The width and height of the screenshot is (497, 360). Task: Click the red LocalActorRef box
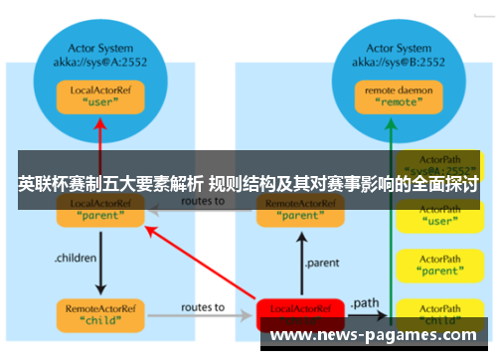pos(301,313)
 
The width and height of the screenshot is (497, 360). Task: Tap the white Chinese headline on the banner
pos(248,185)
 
